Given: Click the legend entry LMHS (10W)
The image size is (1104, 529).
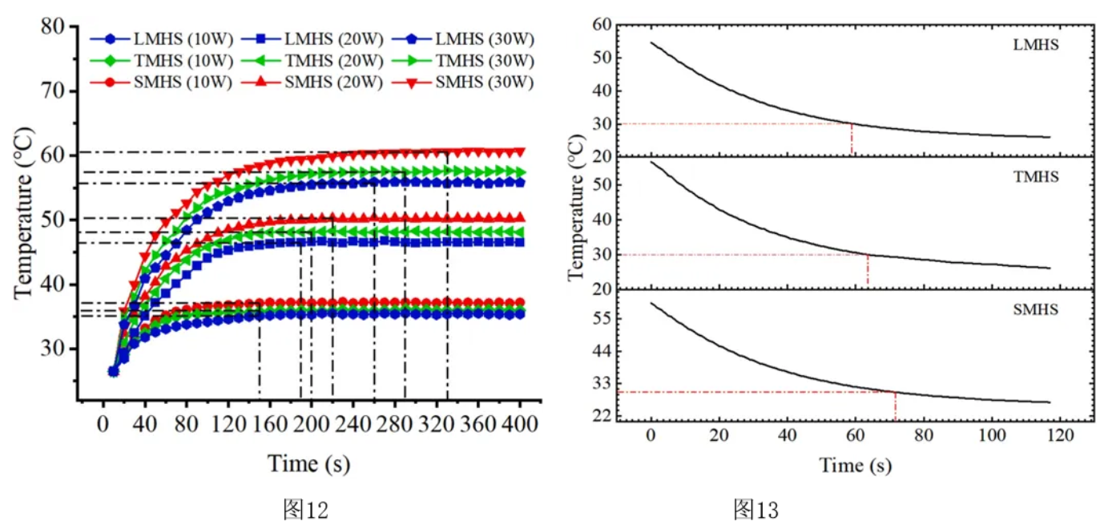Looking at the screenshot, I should (x=160, y=38).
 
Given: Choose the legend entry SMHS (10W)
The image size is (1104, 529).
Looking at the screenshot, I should (x=160, y=82).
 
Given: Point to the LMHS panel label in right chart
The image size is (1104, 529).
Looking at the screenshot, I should (x=1036, y=46).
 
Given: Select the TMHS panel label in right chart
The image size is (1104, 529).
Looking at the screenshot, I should (x=1036, y=176).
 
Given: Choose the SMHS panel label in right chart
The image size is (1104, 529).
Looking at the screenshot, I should (x=1036, y=309).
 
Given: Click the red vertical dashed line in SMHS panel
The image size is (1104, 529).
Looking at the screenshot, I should (x=895, y=406).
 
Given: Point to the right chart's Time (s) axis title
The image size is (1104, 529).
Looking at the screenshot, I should (x=854, y=465).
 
